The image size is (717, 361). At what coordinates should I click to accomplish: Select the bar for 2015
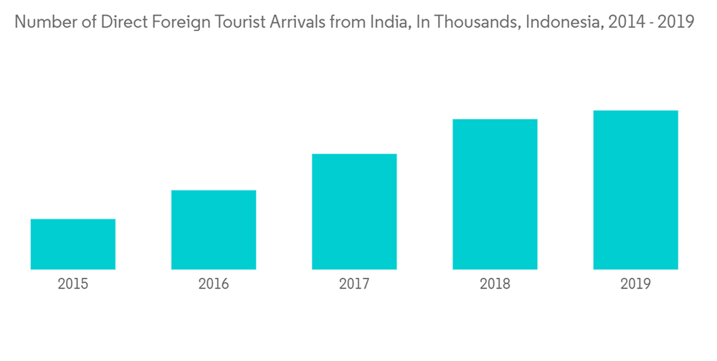(73, 244)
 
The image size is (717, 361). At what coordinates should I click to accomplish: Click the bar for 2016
(214, 230)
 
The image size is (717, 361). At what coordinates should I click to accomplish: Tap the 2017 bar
(354, 212)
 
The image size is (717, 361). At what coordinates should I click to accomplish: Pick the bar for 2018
(495, 194)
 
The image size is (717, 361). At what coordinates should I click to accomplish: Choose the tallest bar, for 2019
(635, 190)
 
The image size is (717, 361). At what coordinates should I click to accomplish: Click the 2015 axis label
(73, 284)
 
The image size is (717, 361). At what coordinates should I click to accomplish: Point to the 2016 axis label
(214, 284)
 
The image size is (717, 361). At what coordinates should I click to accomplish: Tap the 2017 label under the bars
(354, 284)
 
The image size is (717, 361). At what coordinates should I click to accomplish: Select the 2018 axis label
(495, 284)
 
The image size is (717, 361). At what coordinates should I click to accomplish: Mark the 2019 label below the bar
(635, 284)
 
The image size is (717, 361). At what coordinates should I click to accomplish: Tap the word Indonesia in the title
(562, 21)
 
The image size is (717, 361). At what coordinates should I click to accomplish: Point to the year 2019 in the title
(676, 21)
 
